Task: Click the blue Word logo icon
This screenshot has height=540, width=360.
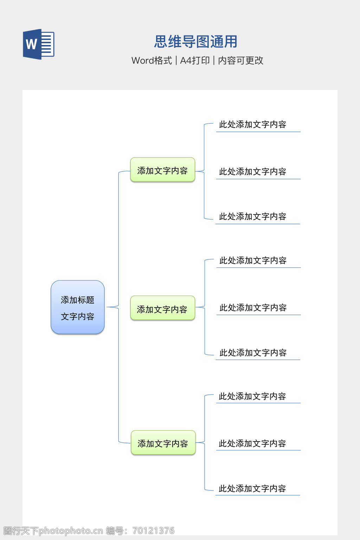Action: click(38, 44)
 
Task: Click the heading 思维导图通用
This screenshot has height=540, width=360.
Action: click(196, 42)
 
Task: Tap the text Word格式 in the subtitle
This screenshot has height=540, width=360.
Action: click(152, 60)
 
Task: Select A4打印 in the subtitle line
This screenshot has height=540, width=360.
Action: click(195, 60)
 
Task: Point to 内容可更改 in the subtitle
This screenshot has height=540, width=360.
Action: click(240, 60)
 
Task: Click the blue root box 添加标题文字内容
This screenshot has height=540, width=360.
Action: click(78, 307)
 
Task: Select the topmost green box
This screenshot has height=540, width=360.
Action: click(162, 170)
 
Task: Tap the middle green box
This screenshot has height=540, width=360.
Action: click(162, 309)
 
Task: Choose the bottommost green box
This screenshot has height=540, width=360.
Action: click(163, 443)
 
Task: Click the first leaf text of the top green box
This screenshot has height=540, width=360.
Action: click(252, 124)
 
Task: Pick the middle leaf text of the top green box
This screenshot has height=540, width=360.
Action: click(252, 172)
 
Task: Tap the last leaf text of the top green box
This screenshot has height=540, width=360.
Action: click(252, 217)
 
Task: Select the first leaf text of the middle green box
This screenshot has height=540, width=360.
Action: click(253, 261)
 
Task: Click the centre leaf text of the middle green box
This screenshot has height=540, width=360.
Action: click(253, 308)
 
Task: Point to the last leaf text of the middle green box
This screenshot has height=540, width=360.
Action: click(253, 353)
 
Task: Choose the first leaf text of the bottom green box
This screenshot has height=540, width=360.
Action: click(252, 397)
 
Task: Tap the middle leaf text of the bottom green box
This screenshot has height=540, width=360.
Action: click(252, 444)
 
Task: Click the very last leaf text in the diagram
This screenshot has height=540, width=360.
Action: click(252, 489)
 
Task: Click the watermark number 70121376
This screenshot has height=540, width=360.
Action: click(153, 531)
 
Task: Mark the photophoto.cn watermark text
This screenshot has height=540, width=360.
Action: click(71, 531)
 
